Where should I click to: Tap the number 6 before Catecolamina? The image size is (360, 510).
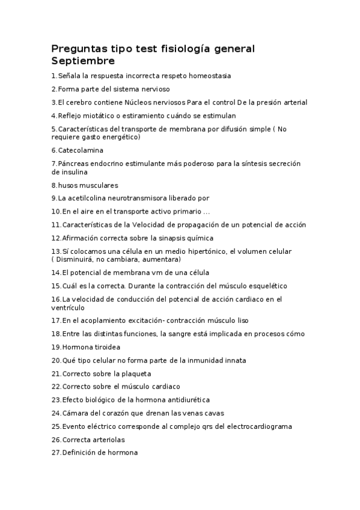pos(53,150)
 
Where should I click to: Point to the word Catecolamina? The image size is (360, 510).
pos(81,150)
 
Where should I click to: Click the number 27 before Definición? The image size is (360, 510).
pos(56,453)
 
